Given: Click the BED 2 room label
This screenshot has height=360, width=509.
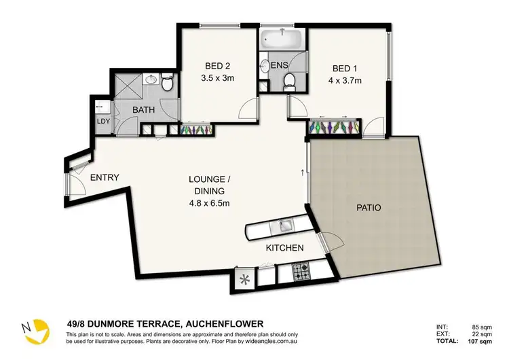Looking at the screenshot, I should (x=217, y=67).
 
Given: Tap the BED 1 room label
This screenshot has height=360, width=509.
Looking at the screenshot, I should (x=345, y=69).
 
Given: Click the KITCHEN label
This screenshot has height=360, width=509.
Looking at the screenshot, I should (x=284, y=248).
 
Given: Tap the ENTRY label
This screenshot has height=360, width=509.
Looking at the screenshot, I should (x=105, y=178).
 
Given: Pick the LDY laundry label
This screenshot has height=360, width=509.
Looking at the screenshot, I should (x=104, y=122).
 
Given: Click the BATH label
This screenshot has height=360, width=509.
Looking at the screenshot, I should (x=143, y=109).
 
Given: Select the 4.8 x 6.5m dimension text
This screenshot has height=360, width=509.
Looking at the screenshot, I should (x=210, y=202).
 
